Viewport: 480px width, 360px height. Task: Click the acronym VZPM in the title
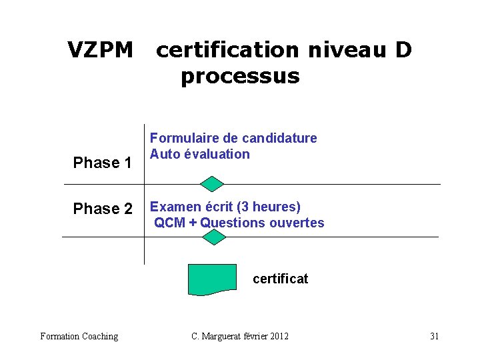pos(101,50)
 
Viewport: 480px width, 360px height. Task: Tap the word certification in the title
pos(227,50)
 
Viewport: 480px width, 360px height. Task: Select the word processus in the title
pos(240,77)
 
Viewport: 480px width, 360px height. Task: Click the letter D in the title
pos(403,50)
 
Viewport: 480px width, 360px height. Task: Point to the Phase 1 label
pos(101,163)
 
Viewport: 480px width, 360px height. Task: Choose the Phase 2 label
pos(103,209)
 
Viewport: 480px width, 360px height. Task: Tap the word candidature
pos(279,138)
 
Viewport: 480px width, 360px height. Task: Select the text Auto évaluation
pos(199,154)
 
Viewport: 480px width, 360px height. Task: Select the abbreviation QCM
pos(170,223)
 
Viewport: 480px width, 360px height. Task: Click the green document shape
pos(212,279)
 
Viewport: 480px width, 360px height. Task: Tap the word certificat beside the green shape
pos(280,279)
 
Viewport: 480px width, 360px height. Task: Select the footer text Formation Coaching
pos(79,336)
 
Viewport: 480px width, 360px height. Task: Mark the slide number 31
pos(434,336)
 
